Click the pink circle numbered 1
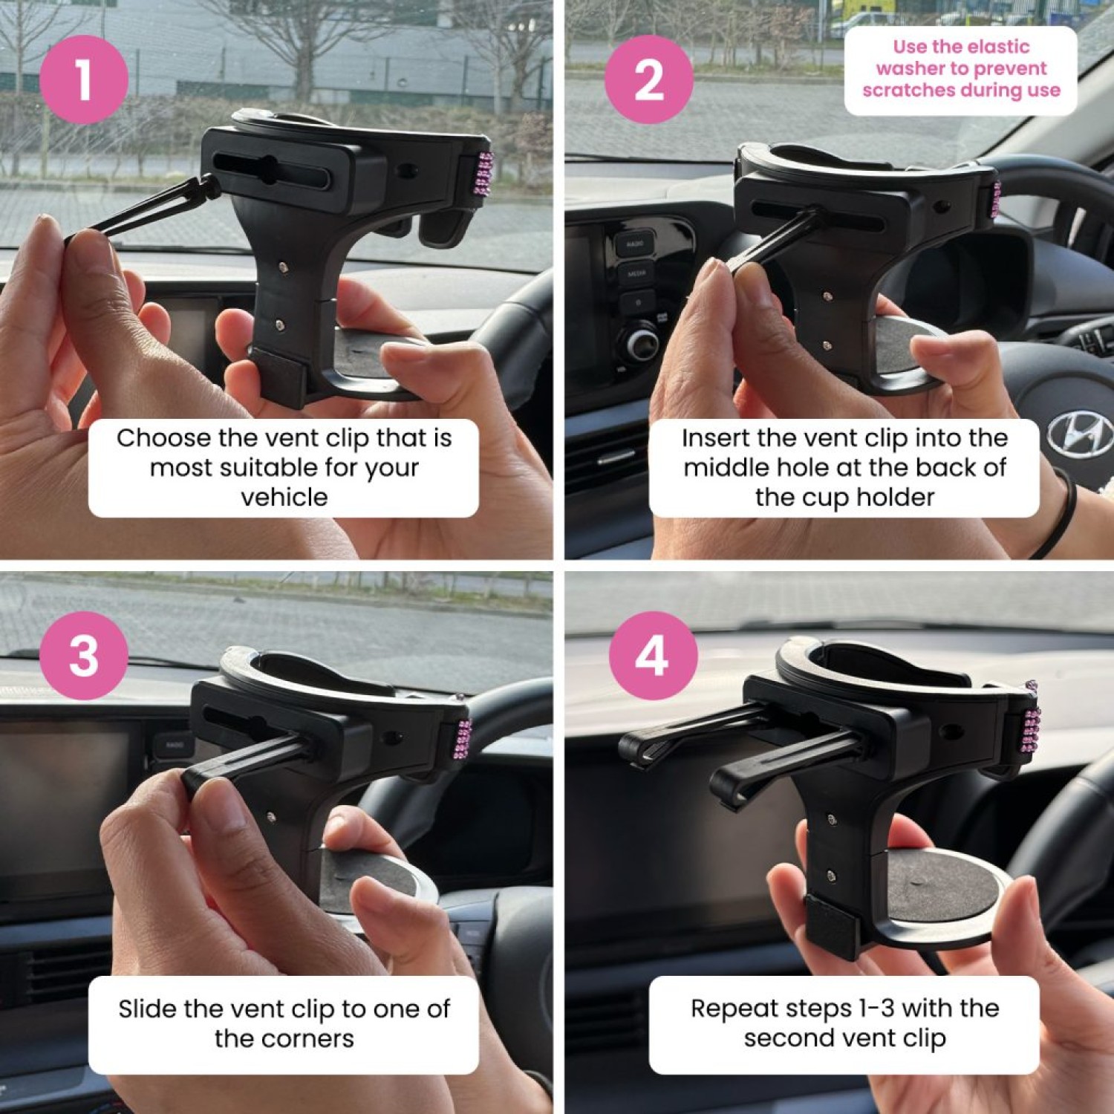pyautogui.click(x=84, y=79)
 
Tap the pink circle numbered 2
pyautogui.click(x=649, y=79)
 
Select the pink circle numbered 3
pyautogui.click(x=84, y=655)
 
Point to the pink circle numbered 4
pyautogui.click(x=653, y=655)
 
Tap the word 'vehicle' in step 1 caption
pyautogui.click(x=284, y=497)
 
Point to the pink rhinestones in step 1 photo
pyautogui.click(x=484, y=174)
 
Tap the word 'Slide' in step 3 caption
pyautogui.click(x=147, y=1009)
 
